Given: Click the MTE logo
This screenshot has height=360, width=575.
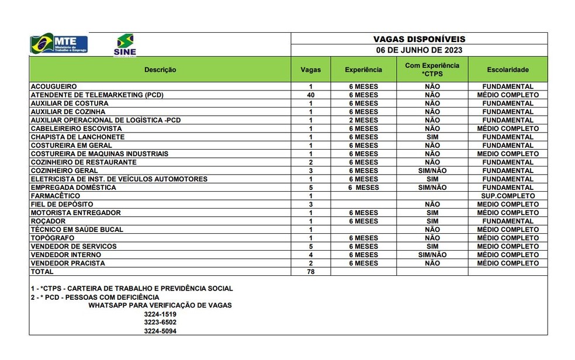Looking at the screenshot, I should pyautogui.click(x=59, y=44).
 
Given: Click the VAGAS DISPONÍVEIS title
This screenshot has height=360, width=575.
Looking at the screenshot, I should pyautogui.click(x=419, y=39).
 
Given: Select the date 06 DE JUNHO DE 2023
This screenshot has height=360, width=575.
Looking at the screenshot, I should pyautogui.click(x=419, y=50).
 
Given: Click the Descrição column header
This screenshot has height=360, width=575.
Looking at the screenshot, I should pyautogui.click(x=160, y=70).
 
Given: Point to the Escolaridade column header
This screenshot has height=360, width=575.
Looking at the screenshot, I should pyautogui.click(x=507, y=70).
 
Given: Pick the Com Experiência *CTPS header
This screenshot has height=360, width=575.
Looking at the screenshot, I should pyautogui.click(x=432, y=70).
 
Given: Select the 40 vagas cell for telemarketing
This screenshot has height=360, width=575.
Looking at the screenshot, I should pyautogui.click(x=311, y=95).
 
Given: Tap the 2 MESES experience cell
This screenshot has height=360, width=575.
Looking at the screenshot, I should pyautogui.click(x=363, y=120).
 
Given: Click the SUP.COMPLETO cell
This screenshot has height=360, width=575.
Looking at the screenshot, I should pyautogui.click(x=508, y=196).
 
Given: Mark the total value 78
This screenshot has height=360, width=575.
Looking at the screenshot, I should pyautogui.click(x=311, y=272).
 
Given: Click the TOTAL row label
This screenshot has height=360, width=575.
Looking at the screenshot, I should pyautogui.click(x=42, y=272).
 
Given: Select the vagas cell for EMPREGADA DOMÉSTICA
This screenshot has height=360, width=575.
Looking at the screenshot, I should pyautogui.click(x=311, y=188).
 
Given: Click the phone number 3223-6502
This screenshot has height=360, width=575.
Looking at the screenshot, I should pyautogui.click(x=160, y=322).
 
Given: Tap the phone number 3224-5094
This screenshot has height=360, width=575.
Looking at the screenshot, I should pyautogui.click(x=160, y=331).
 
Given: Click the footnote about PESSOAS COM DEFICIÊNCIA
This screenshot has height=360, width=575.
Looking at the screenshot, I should pyautogui.click(x=95, y=297).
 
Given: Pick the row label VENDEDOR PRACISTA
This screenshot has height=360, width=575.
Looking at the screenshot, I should pyautogui.click(x=68, y=264).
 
